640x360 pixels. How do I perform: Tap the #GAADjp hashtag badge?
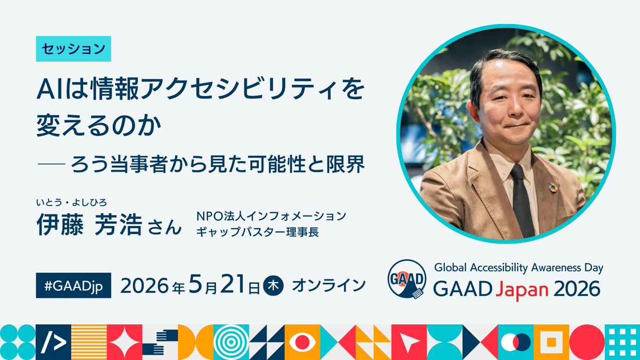pos(73,286)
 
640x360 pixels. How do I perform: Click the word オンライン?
pos(329,285)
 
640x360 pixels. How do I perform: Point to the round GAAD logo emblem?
pos(406,278)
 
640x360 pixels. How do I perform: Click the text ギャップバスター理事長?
pos(257,232)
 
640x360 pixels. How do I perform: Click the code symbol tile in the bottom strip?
pos(53,342)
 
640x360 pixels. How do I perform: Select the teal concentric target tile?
pos(231,342)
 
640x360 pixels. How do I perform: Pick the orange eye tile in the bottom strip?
pos(302,342)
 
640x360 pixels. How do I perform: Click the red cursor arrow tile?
pos(409,342)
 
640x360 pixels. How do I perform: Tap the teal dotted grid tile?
pos(622,342)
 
